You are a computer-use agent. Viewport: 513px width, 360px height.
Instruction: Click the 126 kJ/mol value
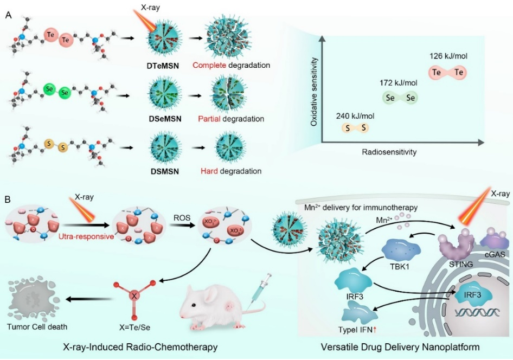(x=447, y=55)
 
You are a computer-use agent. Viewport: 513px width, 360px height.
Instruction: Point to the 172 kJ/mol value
(x=399, y=82)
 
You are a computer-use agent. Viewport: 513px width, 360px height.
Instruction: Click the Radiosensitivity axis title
(x=389, y=152)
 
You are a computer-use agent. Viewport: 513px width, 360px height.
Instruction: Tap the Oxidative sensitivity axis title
(x=313, y=93)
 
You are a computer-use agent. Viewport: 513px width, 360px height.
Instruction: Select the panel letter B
(x=8, y=199)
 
